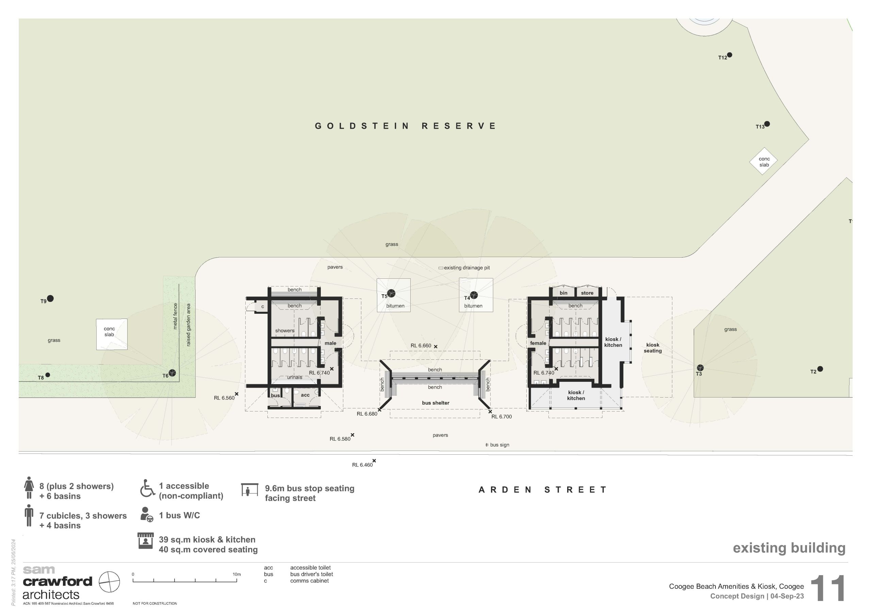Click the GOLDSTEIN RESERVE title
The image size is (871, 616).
pos(405,126)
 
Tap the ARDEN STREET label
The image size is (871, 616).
pos(542,490)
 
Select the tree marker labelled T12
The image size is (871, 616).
pos(729,55)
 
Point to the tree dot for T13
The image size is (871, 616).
pos(767,124)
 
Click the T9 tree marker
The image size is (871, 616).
pos(50,299)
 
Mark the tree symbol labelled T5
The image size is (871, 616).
pos(391,293)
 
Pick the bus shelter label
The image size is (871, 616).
pos(435,403)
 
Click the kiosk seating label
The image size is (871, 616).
pos(653,348)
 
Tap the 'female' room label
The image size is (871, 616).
pos(538,343)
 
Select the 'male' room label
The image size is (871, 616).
pos(330,343)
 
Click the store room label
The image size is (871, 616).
pos(587,293)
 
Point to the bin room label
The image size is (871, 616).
pos(563,293)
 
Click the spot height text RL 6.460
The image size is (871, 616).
pos(362,465)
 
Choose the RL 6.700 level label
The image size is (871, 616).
pos(502,417)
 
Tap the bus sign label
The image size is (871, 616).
pos(499,445)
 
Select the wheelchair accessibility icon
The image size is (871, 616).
pos(148,488)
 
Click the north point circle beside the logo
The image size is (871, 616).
pos(109,582)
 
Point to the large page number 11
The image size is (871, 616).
pos(828,588)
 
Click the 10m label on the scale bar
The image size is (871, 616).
pos(237,574)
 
